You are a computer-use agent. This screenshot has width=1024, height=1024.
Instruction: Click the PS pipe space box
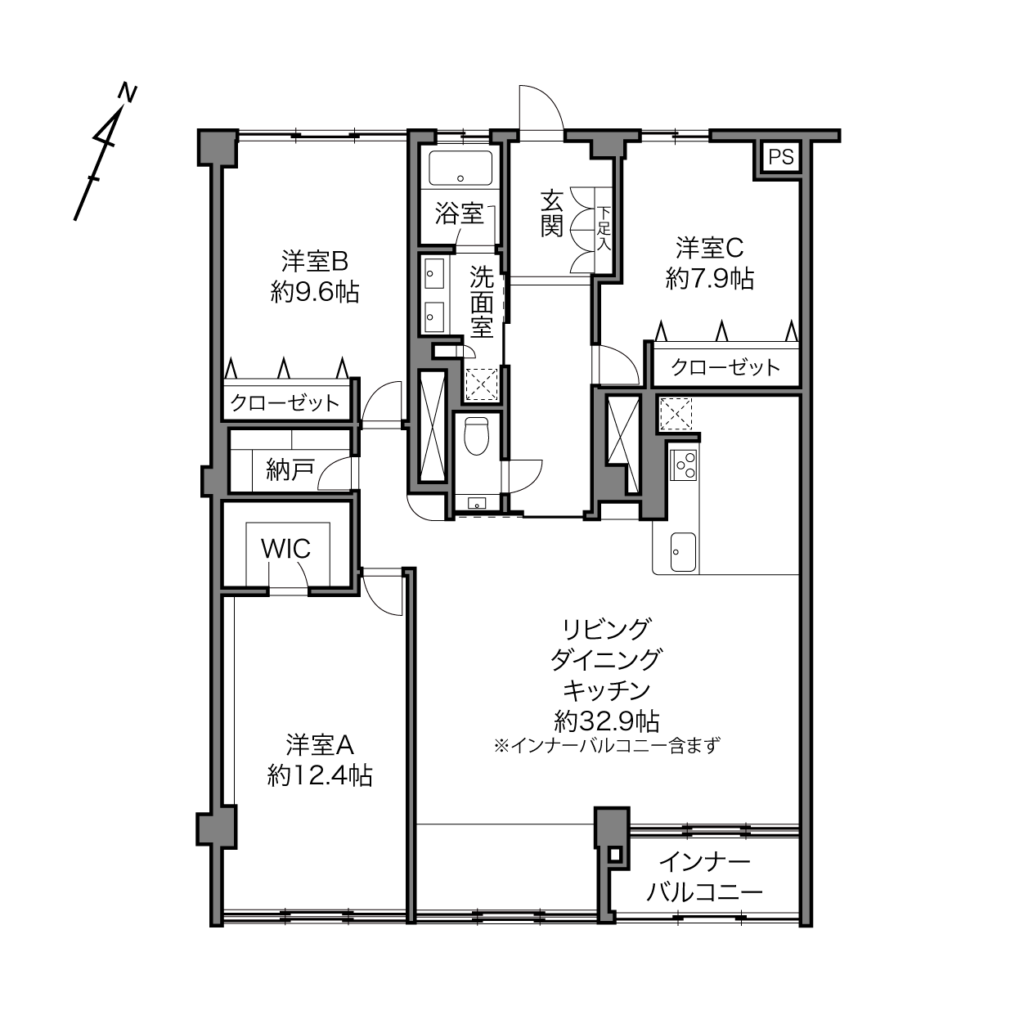pyautogui.click(x=781, y=156)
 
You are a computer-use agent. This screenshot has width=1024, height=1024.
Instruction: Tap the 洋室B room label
pyautogui.click(x=315, y=262)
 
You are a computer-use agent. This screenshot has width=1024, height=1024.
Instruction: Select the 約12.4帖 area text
pyautogui.click(x=320, y=775)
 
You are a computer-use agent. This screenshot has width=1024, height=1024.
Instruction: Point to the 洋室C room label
pyautogui.click(x=709, y=248)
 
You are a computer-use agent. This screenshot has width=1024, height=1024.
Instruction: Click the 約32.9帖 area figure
pyautogui.click(x=607, y=721)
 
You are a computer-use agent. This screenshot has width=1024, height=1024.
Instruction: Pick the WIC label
pyautogui.click(x=286, y=549)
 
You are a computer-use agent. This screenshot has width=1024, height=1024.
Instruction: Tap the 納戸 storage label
pyautogui.click(x=290, y=470)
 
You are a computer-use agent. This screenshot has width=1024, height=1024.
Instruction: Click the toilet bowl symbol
pyautogui.click(x=475, y=435)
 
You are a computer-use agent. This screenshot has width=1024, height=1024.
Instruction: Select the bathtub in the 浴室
pyautogui.click(x=460, y=169)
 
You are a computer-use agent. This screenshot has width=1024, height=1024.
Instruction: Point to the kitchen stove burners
pyautogui.click(x=683, y=466)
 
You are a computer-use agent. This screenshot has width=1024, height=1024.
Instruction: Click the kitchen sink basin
pyautogui.click(x=683, y=551)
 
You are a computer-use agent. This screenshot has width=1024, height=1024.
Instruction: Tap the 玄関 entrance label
pyautogui.click(x=551, y=213)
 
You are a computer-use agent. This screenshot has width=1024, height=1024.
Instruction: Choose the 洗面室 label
pyautogui.click(x=482, y=302)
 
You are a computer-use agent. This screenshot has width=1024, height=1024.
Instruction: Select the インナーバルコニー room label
pyautogui.click(x=704, y=877)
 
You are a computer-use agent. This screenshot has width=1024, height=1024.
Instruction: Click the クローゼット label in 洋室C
pyautogui.click(x=725, y=367)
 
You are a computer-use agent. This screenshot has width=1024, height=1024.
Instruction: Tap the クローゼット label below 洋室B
pyautogui.click(x=284, y=402)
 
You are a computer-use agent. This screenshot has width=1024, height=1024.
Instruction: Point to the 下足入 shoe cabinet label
pyautogui.click(x=604, y=228)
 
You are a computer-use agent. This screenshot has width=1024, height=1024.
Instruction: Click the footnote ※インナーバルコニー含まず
pyautogui.click(x=607, y=746)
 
